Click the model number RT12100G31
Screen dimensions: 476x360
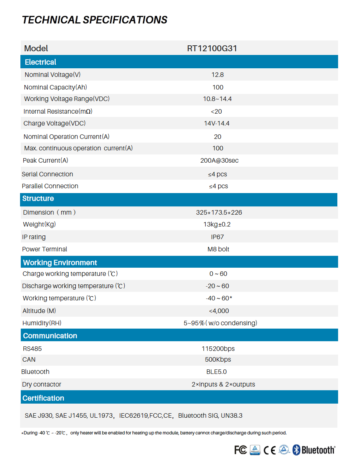[212, 49]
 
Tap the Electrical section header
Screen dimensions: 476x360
[40, 62]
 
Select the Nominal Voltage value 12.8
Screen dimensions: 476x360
[217, 75]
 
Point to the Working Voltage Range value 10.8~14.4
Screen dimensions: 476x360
[217, 99]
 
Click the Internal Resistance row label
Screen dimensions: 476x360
[58, 111]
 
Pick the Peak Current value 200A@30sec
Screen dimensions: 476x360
[219, 160]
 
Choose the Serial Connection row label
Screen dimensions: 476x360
[48, 174]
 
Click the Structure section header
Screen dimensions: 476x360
[38, 199]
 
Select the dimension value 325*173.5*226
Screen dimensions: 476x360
[219, 212]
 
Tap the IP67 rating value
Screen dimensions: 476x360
[217, 237]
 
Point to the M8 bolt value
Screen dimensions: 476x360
[218, 249]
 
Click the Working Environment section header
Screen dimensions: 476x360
[60, 263]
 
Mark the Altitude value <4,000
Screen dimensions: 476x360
[219, 311]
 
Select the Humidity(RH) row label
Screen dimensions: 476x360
[42, 323]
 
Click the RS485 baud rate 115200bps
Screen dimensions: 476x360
[218, 349]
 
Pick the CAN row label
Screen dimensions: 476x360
[29, 359]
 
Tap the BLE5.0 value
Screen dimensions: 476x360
[216, 372]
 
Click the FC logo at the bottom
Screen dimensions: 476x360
[240, 450]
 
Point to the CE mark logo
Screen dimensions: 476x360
[270, 450]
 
